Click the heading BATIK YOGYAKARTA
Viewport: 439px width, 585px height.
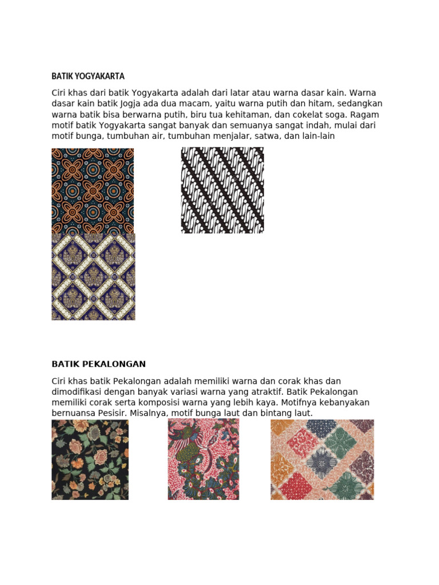click(x=88, y=76)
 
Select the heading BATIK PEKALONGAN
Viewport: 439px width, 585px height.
click(x=99, y=364)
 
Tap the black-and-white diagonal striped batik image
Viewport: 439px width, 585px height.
click(x=222, y=190)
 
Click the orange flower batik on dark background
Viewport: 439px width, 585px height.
click(x=93, y=190)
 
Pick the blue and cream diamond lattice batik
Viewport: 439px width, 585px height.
click(x=93, y=277)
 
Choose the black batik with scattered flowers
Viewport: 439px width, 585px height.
click(x=90, y=459)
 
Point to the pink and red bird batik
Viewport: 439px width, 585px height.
click(x=203, y=459)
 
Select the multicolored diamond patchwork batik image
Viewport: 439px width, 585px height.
click(x=322, y=459)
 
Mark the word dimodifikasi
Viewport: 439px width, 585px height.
click(x=78, y=391)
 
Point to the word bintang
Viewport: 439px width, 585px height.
click(x=277, y=413)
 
